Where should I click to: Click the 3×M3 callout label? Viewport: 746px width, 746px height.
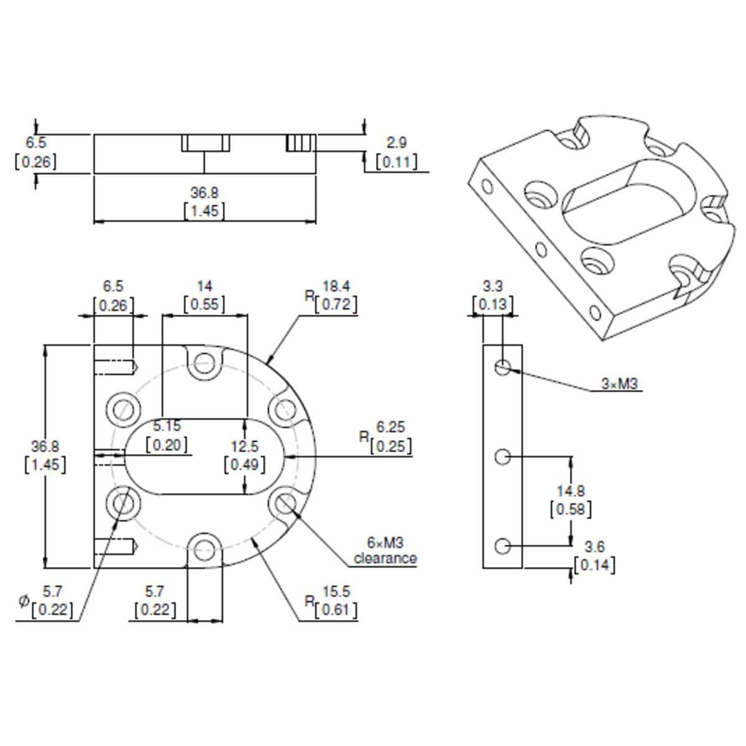(619, 384)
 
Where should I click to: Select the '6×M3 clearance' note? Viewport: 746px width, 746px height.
(385, 551)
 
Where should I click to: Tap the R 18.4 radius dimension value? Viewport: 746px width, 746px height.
(336, 286)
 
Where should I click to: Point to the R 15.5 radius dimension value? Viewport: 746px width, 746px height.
(336, 591)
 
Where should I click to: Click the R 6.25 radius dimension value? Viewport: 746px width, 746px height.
(390, 427)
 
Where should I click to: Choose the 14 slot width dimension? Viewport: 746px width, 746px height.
(205, 286)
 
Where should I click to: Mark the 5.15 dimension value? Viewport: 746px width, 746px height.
(167, 426)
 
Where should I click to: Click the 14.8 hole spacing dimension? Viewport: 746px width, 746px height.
(570, 491)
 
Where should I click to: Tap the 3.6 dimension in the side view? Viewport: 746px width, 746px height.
(594, 547)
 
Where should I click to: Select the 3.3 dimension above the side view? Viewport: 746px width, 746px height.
(493, 286)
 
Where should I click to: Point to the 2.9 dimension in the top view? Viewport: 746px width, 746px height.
(396, 142)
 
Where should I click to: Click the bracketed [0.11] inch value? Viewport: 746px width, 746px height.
(396, 162)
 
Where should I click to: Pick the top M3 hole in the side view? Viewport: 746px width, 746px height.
(503, 367)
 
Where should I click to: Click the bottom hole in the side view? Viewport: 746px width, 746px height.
(503, 546)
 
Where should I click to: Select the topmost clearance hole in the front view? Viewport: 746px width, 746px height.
(204, 363)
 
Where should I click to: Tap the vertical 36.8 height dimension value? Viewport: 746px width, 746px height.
(45, 446)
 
